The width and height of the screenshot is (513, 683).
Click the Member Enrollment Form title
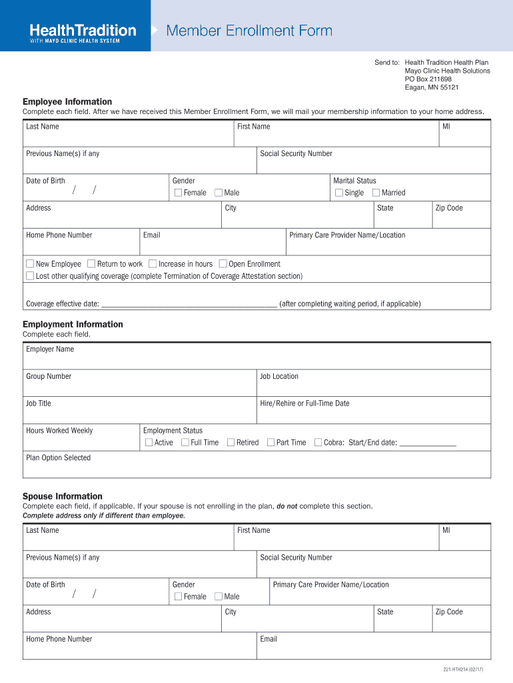pos(249,31)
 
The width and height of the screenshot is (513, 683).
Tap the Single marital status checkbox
pos(339,193)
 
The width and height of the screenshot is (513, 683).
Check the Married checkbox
pos(376,193)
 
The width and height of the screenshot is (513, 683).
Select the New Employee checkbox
pos(30,264)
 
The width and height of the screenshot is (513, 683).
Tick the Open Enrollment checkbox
pos(223,264)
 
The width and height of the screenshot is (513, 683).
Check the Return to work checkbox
pos(91,264)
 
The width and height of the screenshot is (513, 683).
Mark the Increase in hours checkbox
pos(153,264)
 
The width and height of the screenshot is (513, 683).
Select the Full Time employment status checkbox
pos(185,442)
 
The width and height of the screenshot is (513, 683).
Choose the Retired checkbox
pos(231,442)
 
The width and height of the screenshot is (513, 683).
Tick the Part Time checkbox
pos(270,442)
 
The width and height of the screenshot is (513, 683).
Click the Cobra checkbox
pos(318,442)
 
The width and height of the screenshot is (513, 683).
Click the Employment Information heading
pos(73,324)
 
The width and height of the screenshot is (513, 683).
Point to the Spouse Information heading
pos(63,496)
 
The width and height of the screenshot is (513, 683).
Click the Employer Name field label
pos(50,350)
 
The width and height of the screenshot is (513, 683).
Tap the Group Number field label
pos(49,376)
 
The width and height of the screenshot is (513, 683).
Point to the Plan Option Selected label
pos(58,458)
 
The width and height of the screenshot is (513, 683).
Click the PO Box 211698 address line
pos(428,79)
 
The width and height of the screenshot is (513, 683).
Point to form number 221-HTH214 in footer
pos(463,669)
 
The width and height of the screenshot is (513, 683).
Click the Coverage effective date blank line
pos(189,303)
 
